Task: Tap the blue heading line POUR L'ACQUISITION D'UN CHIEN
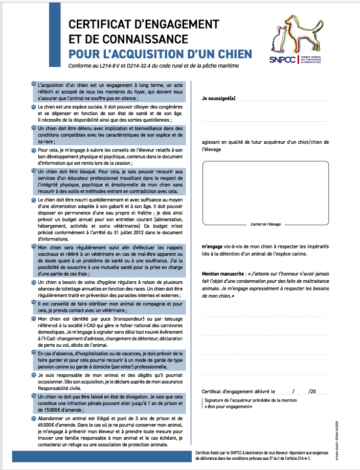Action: click(x=161, y=54)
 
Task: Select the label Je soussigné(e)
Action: click(x=218, y=98)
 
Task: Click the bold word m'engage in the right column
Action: click(x=212, y=247)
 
